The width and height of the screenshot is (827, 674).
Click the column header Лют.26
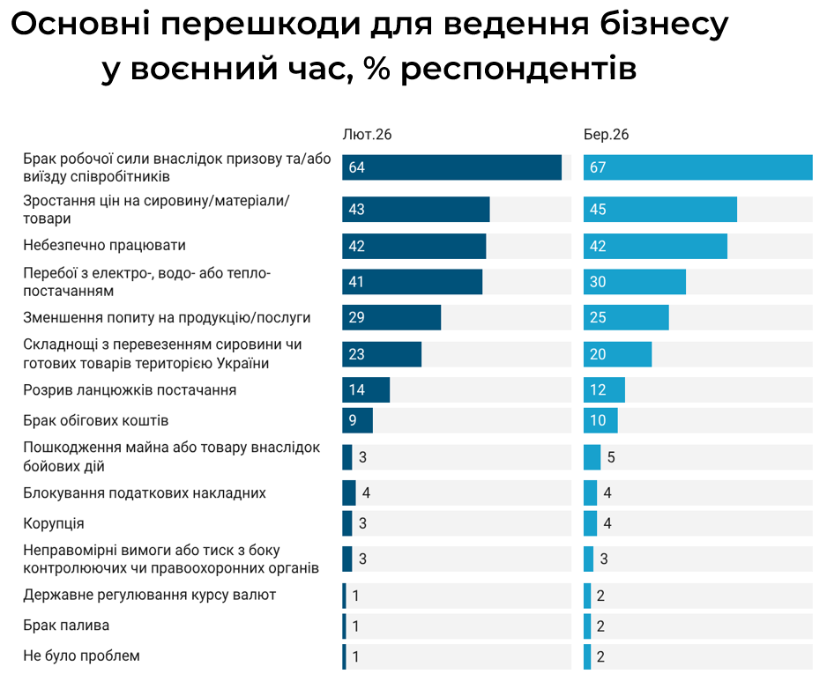pos(367,135)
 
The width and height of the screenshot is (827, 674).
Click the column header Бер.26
pos(606,135)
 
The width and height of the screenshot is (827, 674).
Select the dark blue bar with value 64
pos(451,167)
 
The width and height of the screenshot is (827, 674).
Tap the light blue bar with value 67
pos(697,167)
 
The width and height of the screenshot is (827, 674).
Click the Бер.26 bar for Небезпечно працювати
pos(655,246)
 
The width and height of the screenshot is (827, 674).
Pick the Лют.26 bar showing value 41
pos(412,282)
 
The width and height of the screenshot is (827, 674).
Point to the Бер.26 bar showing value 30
pos(634,282)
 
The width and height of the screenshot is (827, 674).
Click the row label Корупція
pos(54,523)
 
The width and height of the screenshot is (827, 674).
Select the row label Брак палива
pos(66,626)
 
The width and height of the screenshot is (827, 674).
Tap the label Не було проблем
pos(81,655)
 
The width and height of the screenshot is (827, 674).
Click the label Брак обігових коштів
pos(95,420)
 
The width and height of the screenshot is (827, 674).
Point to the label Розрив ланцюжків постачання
pos(130,389)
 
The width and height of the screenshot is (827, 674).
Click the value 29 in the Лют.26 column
pos(357,317)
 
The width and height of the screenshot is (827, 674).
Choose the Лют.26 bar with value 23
pos(382,354)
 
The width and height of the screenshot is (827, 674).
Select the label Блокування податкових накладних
pos(145,493)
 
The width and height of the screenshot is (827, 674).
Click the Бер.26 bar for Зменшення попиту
pos(626,317)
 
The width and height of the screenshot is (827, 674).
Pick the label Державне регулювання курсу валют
pos(150,595)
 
